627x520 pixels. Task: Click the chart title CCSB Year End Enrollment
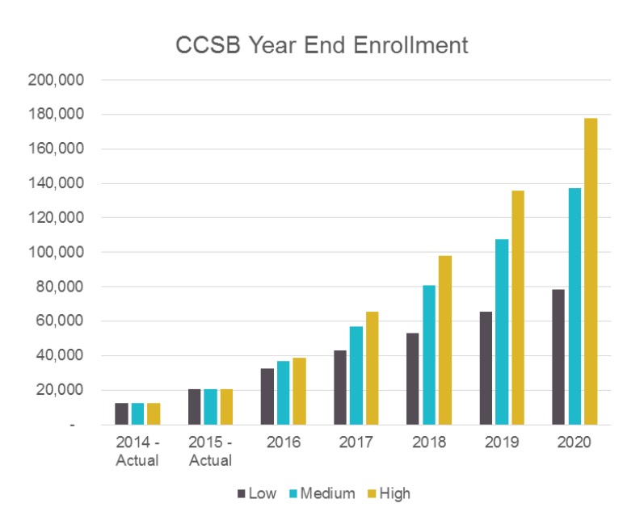322,45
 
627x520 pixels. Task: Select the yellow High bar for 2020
590,271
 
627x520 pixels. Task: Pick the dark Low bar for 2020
558,357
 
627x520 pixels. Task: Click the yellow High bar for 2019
517,308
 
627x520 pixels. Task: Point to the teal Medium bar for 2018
429,354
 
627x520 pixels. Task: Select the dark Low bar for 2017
340,387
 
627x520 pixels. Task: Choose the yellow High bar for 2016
299,391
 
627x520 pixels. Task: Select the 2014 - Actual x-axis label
137,451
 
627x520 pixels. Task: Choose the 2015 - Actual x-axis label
210,451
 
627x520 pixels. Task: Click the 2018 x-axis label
428,443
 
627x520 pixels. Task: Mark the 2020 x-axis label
574,443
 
